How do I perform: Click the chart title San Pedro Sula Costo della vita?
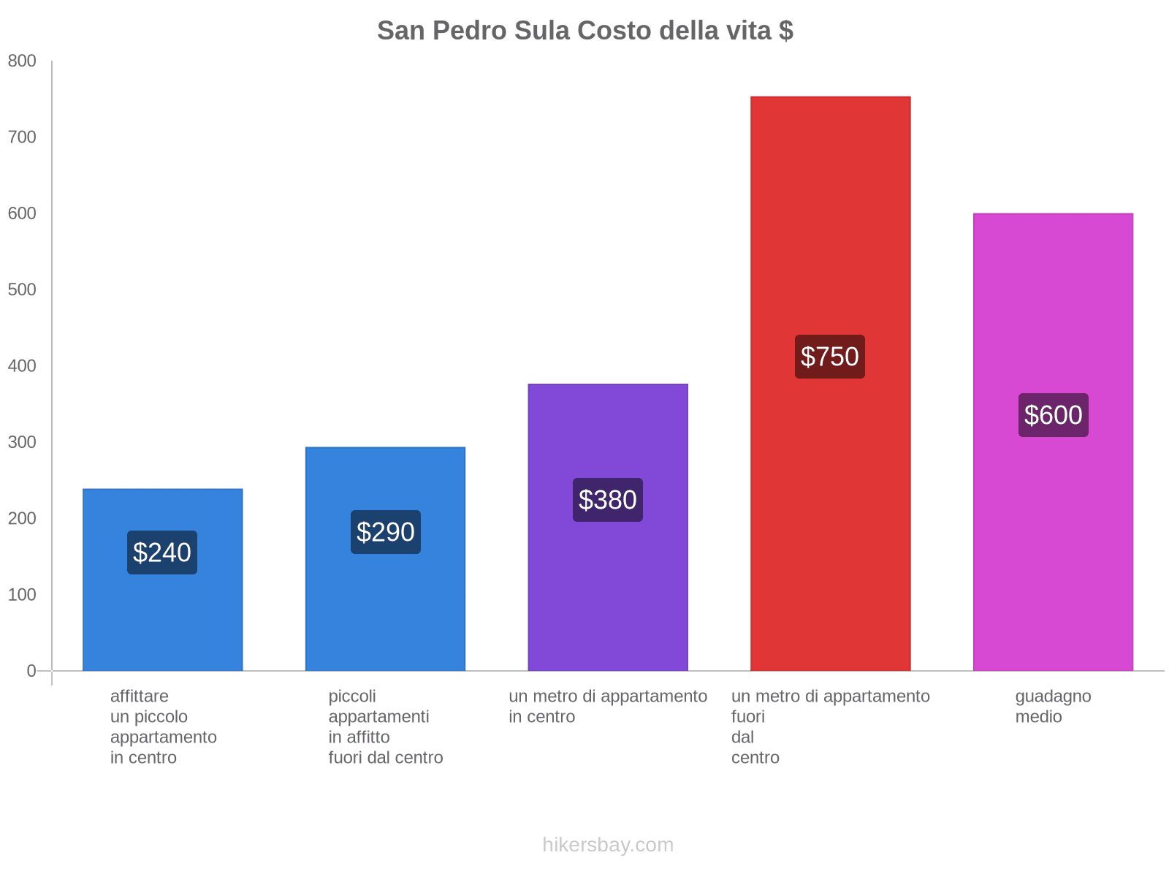(584, 31)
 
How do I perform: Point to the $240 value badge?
(162, 553)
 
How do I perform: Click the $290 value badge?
(385, 532)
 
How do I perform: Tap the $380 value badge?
(608, 500)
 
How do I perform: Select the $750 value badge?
(830, 357)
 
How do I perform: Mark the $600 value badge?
(1053, 415)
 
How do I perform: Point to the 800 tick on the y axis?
(22, 61)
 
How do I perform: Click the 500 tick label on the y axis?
(22, 290)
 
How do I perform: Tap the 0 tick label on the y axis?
(31, 671)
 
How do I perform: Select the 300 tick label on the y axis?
(22, 442)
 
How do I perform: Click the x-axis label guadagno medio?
(1053, 706)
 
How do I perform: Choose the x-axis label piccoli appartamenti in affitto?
(385, 726)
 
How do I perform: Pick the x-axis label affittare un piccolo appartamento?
(163, 726)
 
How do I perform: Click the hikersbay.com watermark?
(608, 845)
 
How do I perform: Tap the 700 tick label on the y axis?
(22, 137)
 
